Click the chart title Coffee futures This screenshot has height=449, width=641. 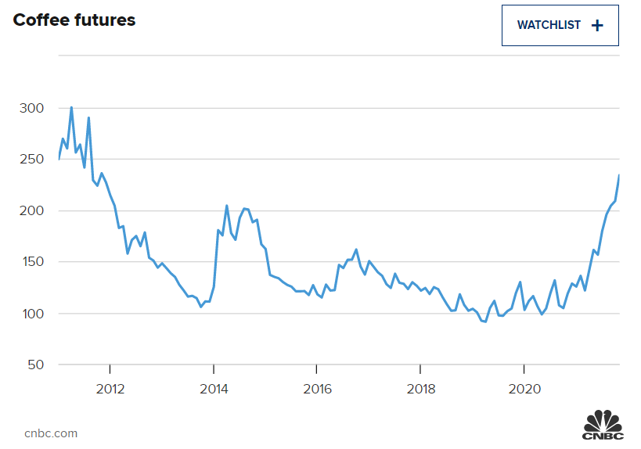(x=74, y=21)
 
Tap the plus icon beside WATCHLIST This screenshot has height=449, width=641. (x=597, y=25)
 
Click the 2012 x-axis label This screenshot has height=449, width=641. (x=110, y=389)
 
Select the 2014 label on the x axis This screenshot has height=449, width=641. (x=214, y=389)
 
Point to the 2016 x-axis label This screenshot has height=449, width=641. (x=317, y=389)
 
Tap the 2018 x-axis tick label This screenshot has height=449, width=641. (x=421, y=389)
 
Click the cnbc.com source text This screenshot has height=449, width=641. (x=51, y=433)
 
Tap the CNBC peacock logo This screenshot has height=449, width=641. (x=603, y=423)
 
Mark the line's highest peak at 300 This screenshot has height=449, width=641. (x=71, y=108)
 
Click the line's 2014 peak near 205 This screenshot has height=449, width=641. (x=226, y=206)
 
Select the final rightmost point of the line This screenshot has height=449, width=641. (x=619, y=175)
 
